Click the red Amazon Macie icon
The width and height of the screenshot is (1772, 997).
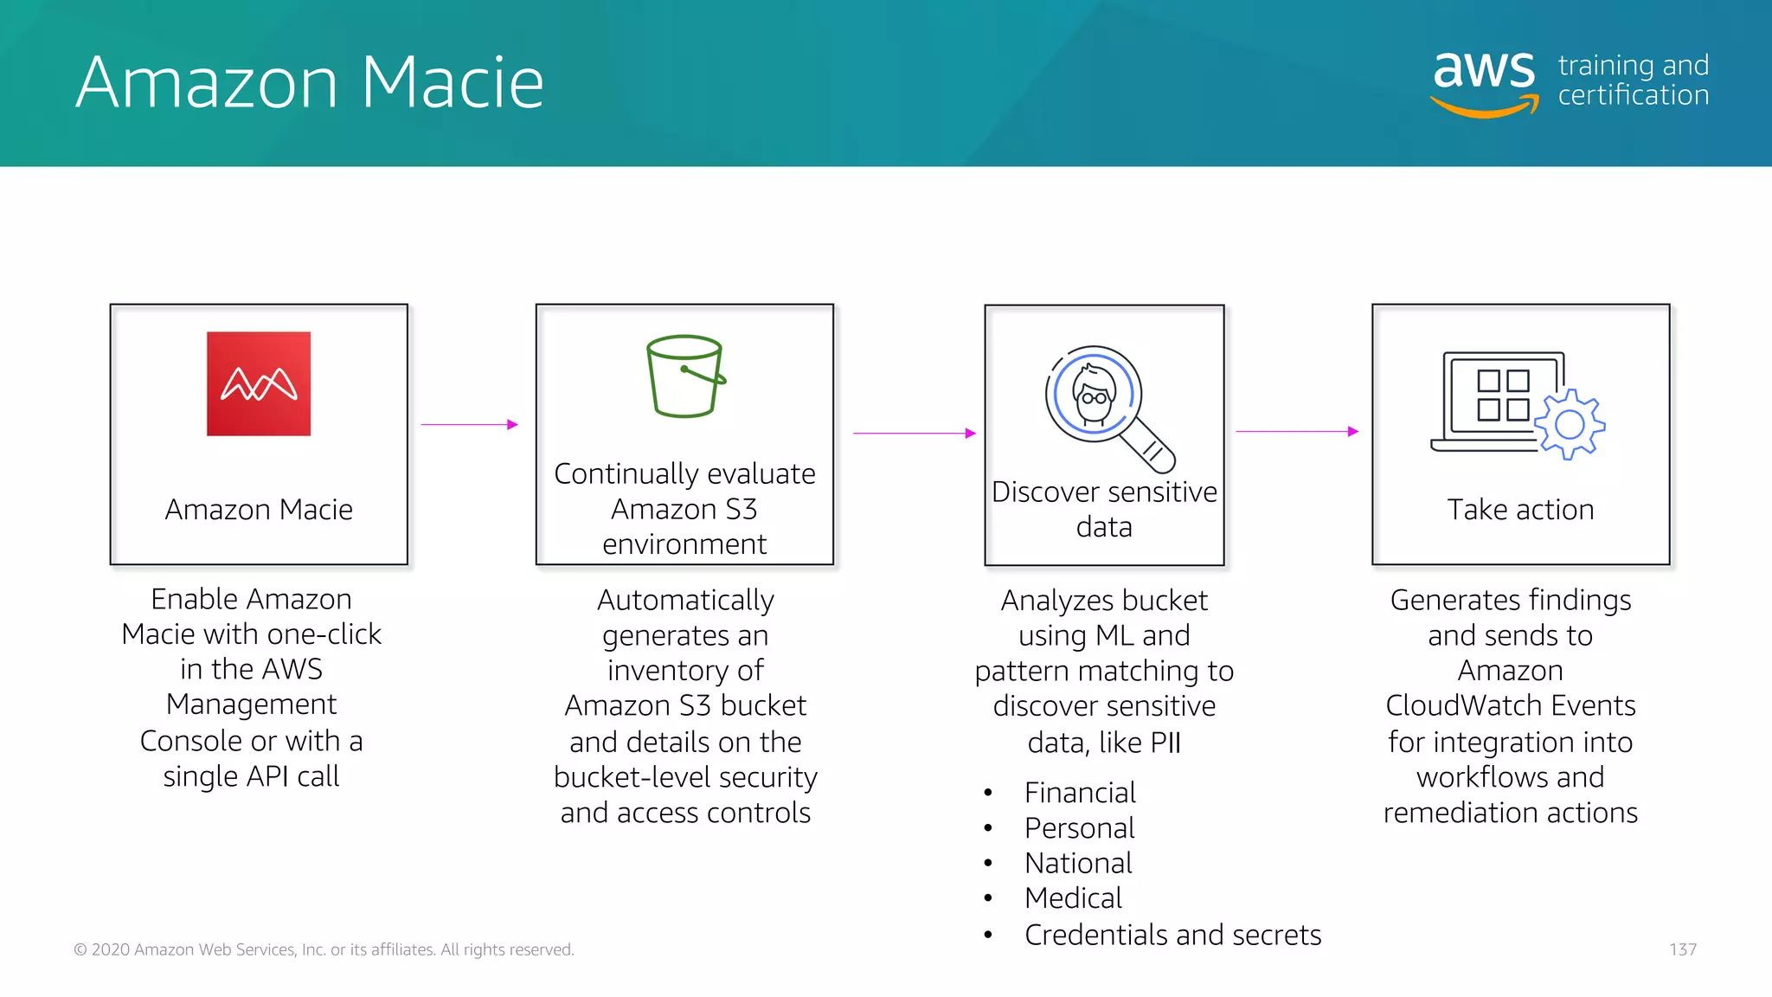pyautogui.click(x=259, y=383)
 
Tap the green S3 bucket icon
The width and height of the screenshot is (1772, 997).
pyautogui.click(x=685, y=376)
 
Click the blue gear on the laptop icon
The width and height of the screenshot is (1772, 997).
pyautogui.click(x=1570, y=424)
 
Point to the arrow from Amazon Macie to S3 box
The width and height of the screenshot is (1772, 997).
pyautogui.click(x=469, y=425)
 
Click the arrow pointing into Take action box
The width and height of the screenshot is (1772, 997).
pyautogui.click(x=1296, y=431)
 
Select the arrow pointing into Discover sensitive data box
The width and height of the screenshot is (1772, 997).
pyautogui.click(x=914, y=433)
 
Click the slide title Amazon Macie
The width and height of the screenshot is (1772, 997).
pyautogui.click(x=310, y=82)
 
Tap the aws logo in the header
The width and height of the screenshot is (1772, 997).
pyautogui.click(x=1485, y=80)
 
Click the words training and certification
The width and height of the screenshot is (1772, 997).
pyautogui.click(x=1633, y=80)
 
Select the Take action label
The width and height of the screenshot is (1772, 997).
pyautogui.click(x=1520, y=510)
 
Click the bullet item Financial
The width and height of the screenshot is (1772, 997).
pyautogui.click(x=1079, y=793)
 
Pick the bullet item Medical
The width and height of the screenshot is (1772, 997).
pyautogui.click(x=1072, y=898)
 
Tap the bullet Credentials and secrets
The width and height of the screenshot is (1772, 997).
pyautogui.click(x=1172, y=935)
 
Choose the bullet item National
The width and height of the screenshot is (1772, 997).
pyautogui.click(x=1078, y=863)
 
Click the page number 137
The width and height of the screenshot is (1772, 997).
pyautogui.click(x=1682, y=949)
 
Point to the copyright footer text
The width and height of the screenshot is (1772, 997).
pyautogui.click(x=324, y=949)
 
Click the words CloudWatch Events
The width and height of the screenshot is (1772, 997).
pyautogui.click(x=1510, y=705)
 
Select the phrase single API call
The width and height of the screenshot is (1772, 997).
pyautogui.click(x=251, y=776)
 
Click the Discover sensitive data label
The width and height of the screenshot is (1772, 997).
pyautogui.click(x=1104, y=509)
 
